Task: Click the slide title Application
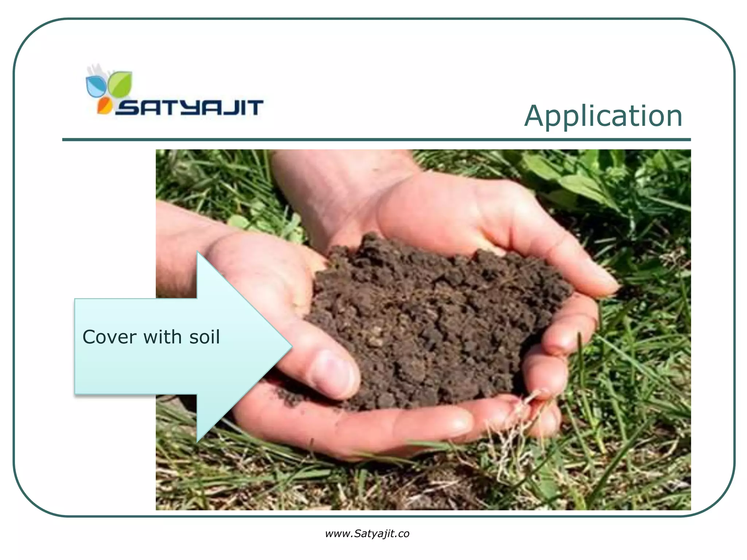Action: (603, 116)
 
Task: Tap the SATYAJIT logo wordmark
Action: (190, 108)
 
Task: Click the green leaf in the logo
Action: (120, 85)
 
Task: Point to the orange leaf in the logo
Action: (104, 106)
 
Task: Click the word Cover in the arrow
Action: (110, 337)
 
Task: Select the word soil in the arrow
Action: (205, 337)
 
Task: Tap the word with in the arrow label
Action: (162, 337)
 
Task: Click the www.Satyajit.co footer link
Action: (367, 534)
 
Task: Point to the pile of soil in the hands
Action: (430, 321)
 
